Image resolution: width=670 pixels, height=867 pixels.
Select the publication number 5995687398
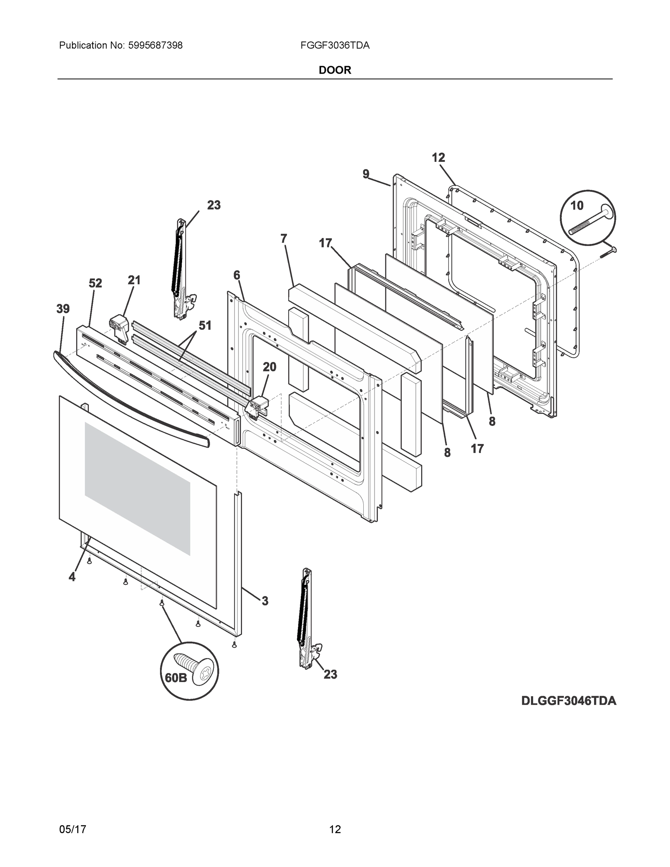(x=155, y=46)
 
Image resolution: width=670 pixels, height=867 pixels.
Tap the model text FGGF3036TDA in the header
(x=335, y=46)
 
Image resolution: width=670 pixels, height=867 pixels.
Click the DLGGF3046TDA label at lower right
(x=569, y=701)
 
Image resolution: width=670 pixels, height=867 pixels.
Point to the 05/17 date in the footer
(x=72, y=829)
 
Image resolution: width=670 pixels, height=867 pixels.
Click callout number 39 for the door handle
(x=63, y=309)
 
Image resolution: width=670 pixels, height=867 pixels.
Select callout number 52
(x=95, y=283)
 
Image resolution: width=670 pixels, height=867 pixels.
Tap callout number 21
(x=134, y=280)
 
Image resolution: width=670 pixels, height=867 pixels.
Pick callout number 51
(x=205, y=325)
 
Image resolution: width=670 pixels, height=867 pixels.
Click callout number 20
(x=269, y=367)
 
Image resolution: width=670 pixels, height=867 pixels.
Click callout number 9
(x=366, y=174)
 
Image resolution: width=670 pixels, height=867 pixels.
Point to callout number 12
(x=438, y=158)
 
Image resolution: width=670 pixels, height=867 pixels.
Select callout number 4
(x=72, y=577)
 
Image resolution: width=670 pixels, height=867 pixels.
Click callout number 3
(x=265, y=601)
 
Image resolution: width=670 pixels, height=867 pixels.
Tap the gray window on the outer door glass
(x=137, y=488)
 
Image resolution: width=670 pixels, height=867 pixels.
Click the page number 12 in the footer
(x=335, y=829)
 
